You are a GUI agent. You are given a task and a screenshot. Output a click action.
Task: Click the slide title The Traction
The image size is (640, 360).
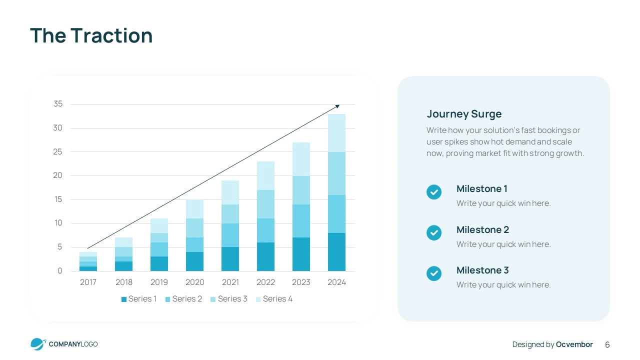point(91,36)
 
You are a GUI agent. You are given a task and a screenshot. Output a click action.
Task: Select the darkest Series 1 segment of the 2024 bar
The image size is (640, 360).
point(336,252)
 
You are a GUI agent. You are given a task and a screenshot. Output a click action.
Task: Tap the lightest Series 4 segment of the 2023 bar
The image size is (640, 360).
point(301,159)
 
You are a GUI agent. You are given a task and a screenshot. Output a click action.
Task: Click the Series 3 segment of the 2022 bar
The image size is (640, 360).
point(265,204)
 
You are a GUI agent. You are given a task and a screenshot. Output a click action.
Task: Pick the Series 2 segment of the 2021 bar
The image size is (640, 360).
point(230,235)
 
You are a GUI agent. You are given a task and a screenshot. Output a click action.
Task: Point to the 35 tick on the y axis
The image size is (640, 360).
point(58,104)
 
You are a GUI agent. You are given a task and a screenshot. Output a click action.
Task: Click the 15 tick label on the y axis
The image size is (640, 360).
point(58,199)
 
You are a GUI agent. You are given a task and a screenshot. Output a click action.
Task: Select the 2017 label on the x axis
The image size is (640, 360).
point(88,282)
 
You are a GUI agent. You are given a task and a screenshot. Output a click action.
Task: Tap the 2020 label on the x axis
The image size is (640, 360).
point(194,282)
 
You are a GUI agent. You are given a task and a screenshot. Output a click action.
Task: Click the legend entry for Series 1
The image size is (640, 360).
point(139,299)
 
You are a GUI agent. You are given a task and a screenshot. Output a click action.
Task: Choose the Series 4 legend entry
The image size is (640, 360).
point(274,299)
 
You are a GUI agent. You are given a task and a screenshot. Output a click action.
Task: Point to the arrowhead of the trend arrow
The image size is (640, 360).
point(337,106)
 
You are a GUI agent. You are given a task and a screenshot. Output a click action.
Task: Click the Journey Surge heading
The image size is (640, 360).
point(464,114)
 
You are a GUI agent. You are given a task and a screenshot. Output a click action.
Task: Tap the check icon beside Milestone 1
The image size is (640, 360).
point(434,192)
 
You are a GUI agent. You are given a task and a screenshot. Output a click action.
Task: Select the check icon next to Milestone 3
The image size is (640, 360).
point(434,273)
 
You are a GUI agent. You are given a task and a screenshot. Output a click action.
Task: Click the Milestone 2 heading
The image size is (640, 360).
point(482,230)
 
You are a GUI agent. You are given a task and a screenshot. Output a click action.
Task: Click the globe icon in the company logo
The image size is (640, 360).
point(37,344)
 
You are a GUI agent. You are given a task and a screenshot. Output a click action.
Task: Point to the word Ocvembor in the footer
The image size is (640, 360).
point(574,344)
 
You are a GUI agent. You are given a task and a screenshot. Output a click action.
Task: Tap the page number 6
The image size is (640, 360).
point(607,344)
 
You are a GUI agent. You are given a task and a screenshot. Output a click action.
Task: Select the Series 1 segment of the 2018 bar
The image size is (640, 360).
point(123,266)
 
